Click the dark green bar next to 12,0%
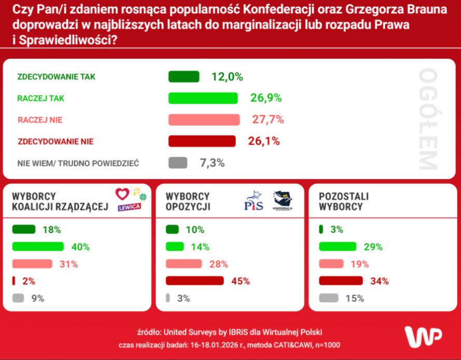coord(184,77)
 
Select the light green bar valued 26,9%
coord(203,98)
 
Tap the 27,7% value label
coord(268,120)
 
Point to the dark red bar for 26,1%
coord(202,141)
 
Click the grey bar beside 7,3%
coord(177,163)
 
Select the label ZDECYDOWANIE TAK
coord(57,77)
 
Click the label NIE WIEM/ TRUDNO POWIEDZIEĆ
coord(78,163)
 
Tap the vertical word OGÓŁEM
coord(428,119)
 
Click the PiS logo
coord(254,201)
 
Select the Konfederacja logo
coord(282,201)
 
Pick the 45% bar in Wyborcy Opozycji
coord(194,281)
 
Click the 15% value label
coord(355,298)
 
